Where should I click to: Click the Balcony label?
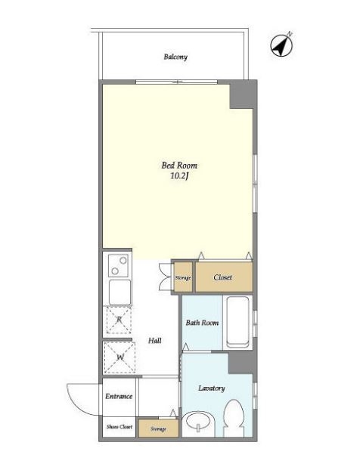coord(175,57)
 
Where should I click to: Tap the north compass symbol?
coord(281,45)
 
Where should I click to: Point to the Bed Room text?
coord(179,165)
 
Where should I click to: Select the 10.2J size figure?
coord(180,176)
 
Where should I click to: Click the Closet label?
coord(222,277)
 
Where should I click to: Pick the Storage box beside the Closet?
coord(183,277)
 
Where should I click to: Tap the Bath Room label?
coord(202,323)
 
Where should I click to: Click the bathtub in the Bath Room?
coord(237,322)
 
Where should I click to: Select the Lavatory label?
coord(212,388)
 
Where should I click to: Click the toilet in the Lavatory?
coord(234,418)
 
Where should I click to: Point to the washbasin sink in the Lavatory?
coord(198,422)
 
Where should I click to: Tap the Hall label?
coord(155,340)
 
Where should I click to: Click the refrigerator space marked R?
coord(119,320)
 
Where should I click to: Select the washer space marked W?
coord(119,357)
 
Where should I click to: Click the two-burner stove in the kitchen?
coord(118,266)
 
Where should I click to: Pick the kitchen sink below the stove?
coord(119,292)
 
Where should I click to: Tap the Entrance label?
coord(119,396)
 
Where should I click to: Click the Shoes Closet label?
coord(119,427)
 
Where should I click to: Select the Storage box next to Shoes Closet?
coord(158,428)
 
